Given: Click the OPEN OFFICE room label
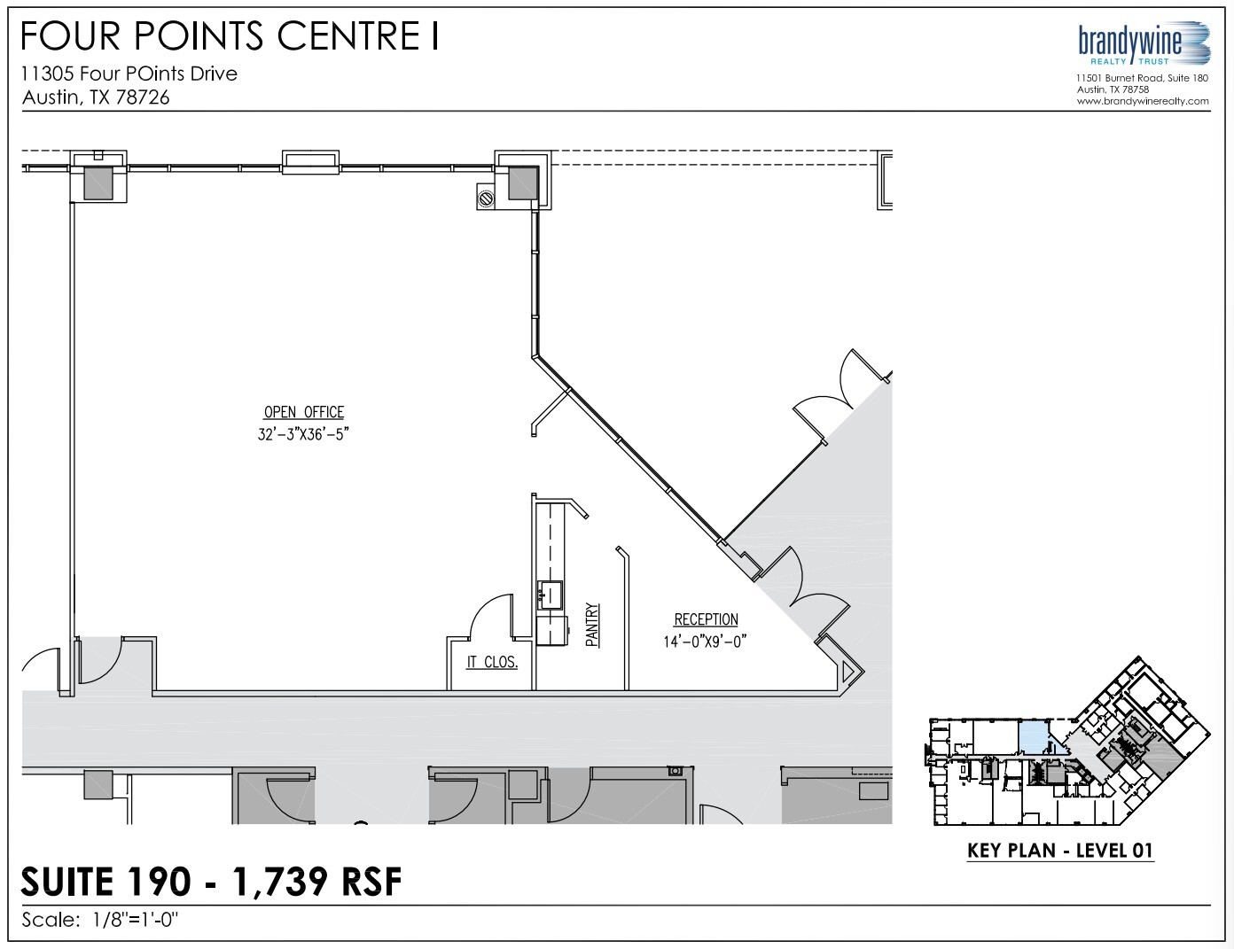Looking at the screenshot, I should point(304,412).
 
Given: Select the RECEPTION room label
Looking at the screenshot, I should point(706,619).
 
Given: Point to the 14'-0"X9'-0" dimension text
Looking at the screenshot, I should point(706,642).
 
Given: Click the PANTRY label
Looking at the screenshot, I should point(593,625).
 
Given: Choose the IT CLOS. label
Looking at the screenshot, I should point(492,663).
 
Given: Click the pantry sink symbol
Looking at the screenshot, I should point(550,595).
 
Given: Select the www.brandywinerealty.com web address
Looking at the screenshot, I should point(1144,101).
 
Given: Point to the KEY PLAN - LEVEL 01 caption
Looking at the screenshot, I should point(1060,851).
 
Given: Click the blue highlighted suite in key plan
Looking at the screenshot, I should point(1031,736).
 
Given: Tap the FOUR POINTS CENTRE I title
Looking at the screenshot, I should point(230,36).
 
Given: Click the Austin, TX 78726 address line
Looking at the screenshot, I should point(96,97).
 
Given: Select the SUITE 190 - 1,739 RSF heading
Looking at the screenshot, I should point(211,882).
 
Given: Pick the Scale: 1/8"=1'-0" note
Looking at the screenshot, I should point(100,920).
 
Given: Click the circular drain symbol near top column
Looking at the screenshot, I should point(486,198).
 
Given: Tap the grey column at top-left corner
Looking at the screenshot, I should point(98,183).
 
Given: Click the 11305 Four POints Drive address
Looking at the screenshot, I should point(129,74).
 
